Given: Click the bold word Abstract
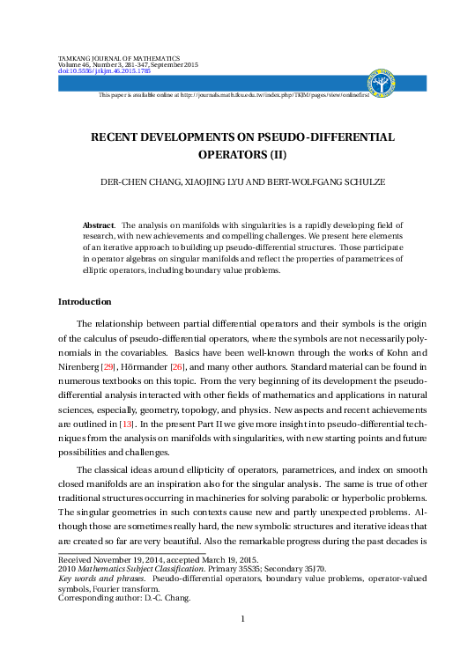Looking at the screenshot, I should [98, 225].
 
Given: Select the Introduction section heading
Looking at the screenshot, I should [85, 301].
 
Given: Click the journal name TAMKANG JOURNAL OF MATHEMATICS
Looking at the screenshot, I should [118, 57].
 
